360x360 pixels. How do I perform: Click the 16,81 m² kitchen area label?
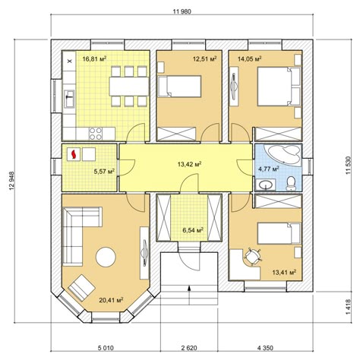point(94,59)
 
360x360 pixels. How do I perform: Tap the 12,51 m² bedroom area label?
point(204,59)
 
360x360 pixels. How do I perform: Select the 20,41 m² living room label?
point(111,300)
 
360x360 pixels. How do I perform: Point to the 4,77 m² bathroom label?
point(269,169)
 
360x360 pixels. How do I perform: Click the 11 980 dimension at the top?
point(182,11)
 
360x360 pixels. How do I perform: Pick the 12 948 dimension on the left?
point(12,181)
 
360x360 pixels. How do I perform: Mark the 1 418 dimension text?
point(348,308)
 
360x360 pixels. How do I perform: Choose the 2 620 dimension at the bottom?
point(189,348)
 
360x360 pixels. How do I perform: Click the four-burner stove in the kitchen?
point(96,134)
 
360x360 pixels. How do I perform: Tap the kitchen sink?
point(69,99)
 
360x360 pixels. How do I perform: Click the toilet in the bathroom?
point(291,183)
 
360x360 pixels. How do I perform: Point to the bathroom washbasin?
point(265,185)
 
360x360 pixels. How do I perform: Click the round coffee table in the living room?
point(106,257)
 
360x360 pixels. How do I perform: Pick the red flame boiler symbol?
point(74,154)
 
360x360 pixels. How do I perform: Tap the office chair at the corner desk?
point(252,257)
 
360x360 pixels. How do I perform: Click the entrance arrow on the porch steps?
point(189,295)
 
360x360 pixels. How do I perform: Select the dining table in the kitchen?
point(129,86)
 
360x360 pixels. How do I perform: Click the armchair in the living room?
point(82,288)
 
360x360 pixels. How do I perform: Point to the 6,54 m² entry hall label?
point(193,230)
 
